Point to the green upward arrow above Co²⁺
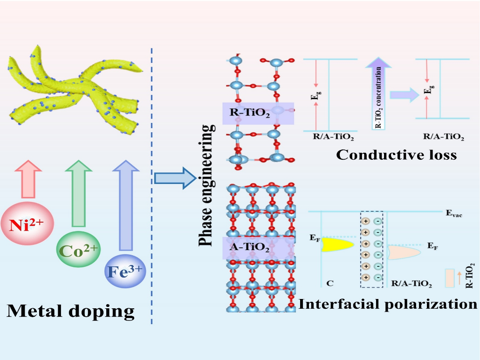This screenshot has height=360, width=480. point(77,191)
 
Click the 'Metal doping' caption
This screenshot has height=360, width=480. point(70,310)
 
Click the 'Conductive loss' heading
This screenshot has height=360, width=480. point(396,154)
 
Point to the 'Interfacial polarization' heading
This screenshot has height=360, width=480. point(388,304)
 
